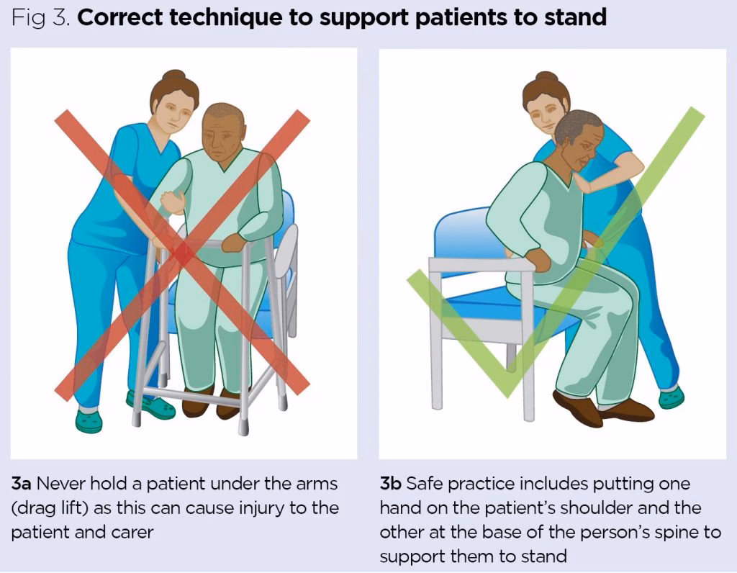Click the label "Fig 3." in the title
[x=41, y=18]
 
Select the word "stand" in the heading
[x=575, y=17]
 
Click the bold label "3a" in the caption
[x=21, y=484]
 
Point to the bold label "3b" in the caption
[x=390, y=484]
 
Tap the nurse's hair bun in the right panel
[x=546, y=76]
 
